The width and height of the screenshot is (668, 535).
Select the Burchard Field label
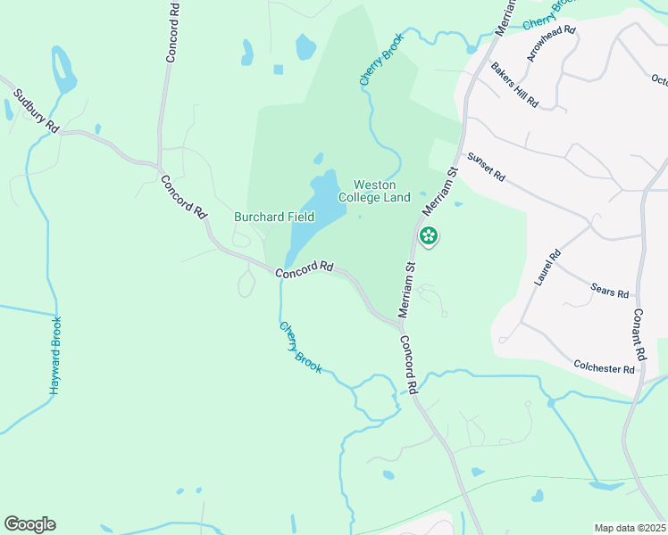(274, 217)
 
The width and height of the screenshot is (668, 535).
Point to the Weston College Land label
(374, 191)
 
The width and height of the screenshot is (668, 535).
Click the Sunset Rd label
(487, 167)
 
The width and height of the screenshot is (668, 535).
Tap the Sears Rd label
(610, 291)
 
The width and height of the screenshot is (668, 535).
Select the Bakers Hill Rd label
(515, 86)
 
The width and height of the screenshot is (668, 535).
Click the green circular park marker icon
(429, 235)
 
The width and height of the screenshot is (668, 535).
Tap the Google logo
(29, 524)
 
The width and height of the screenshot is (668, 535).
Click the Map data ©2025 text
(630, 528)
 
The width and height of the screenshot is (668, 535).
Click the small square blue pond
(279, 70)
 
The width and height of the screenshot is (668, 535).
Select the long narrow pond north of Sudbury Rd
(63, 70)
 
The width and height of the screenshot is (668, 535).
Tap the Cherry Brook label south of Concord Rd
(300, 347)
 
